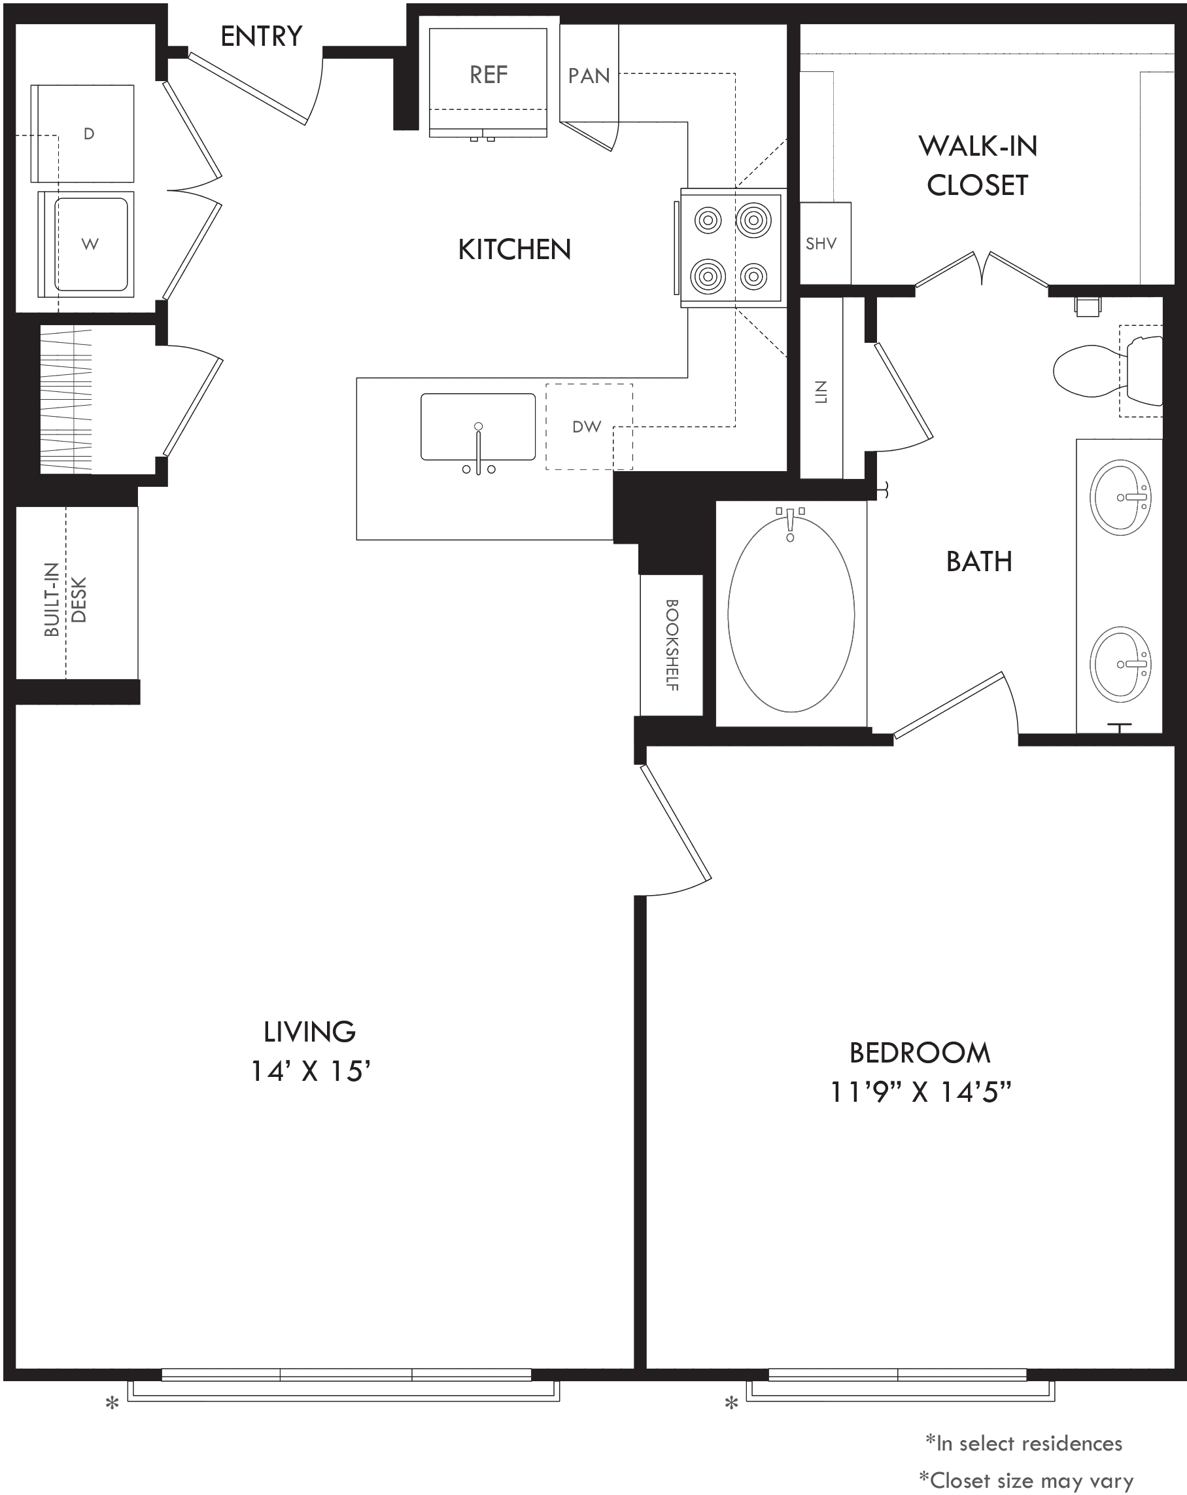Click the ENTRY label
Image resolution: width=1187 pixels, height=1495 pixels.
point(261,36)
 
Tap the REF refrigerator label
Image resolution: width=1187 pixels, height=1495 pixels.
point(489,75)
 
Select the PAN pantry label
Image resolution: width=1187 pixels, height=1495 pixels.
point(589,76)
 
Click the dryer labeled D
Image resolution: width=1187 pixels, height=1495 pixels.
point(82,134)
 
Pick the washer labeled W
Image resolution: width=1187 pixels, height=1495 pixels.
point(86,244)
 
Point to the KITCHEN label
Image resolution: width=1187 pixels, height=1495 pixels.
point(515,250)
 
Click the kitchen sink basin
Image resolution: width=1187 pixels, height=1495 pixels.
point(478,427)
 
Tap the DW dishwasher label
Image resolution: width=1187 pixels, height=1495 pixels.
point(587,427)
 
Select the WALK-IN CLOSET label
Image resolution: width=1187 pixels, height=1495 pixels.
point(978,166)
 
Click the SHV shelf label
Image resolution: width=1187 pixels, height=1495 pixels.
point(821,244)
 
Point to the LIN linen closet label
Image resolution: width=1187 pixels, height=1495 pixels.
point(821,392)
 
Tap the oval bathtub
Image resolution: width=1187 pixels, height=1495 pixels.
point(791,614)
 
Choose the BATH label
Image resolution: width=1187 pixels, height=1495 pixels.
point(979,561)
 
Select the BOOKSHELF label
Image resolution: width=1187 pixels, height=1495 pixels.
point(672,645)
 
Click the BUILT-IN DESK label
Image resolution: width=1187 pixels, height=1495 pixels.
point(66,600)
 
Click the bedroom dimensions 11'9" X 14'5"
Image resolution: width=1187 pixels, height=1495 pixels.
point(921,1093)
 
